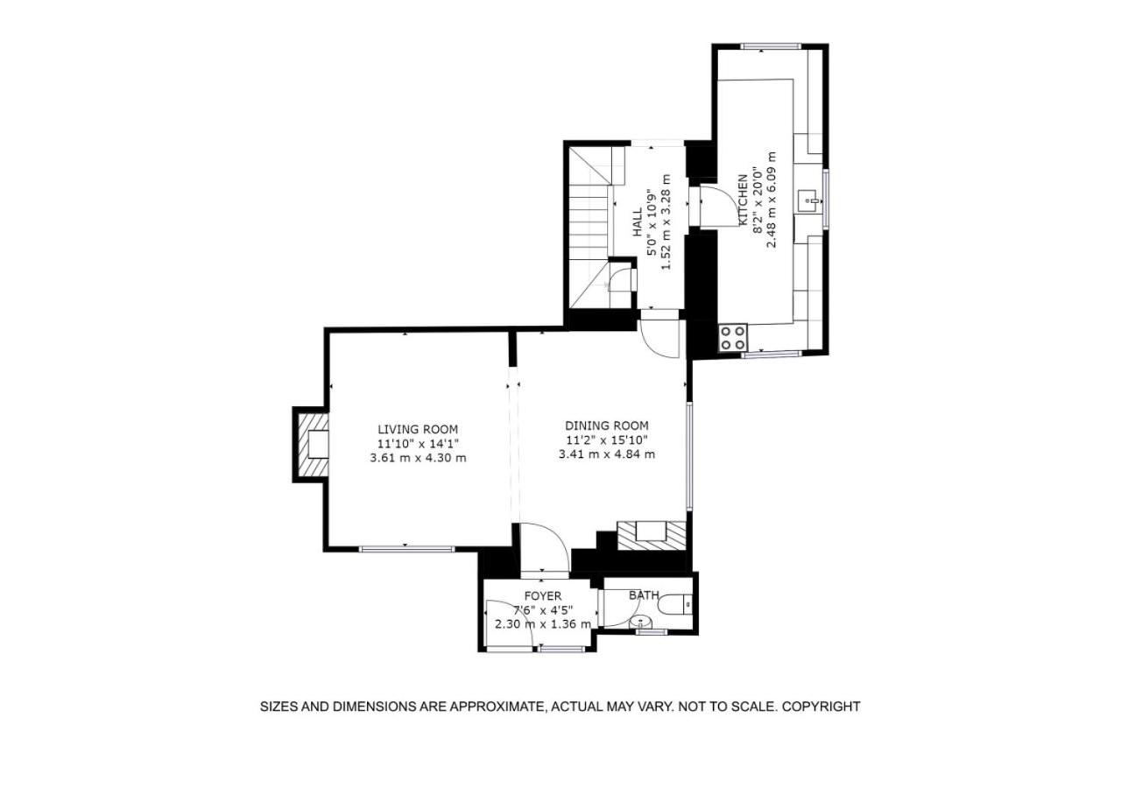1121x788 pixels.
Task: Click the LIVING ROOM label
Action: coord(418,429)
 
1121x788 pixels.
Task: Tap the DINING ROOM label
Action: coord(607,426)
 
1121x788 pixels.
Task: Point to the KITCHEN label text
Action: coord(743,201)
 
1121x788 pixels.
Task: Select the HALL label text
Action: coord(637,222)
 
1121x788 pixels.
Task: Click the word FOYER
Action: coord(543,596)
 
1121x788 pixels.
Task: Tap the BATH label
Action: coord(644,595)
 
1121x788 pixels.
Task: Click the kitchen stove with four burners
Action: coord(733,338)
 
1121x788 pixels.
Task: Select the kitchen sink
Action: coord(807,201)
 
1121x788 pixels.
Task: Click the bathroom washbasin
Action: coord(640,623)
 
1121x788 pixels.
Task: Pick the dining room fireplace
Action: coord(651,536)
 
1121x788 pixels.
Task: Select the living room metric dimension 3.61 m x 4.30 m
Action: coord(418,458)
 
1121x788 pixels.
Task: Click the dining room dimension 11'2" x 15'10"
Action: coord(607,440)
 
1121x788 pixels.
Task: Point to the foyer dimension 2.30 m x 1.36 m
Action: coord(543,624)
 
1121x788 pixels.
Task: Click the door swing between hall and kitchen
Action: coord(721,206)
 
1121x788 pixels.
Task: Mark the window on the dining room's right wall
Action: coord(689,456)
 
